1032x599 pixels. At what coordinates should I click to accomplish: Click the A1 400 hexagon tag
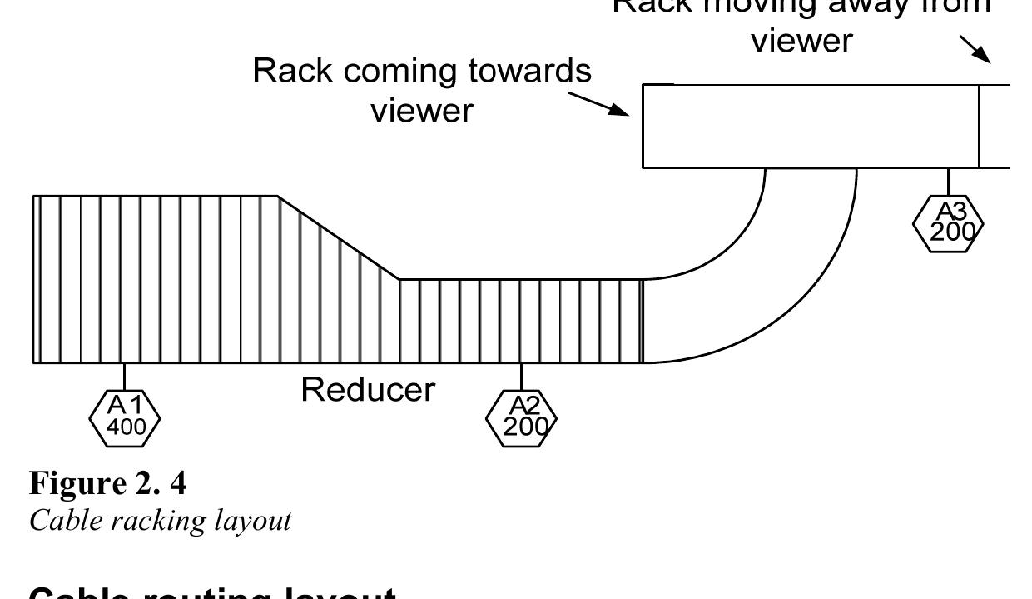(x=124, y=417)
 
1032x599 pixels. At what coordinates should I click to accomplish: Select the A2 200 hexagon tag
(x=522, y=417)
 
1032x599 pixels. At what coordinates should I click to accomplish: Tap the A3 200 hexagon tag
(x=949, y=222)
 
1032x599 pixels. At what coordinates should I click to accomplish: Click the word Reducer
(x=367, y=389)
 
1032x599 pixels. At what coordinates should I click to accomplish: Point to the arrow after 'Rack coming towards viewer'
(x=599, y=103)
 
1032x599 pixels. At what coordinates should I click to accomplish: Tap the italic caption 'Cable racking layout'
(x=161, y=521)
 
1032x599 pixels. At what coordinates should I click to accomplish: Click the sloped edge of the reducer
(x=339, y=238)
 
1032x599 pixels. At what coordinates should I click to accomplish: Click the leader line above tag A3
(x=949, y=182)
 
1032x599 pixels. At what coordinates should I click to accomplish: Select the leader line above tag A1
(x=124, y=375)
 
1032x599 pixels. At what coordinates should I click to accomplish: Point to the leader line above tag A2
(x=522, y=375)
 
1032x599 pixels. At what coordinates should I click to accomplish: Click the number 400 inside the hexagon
(x=125, y=427)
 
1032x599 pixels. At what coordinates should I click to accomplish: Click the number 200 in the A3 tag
(x=952, y=232)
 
